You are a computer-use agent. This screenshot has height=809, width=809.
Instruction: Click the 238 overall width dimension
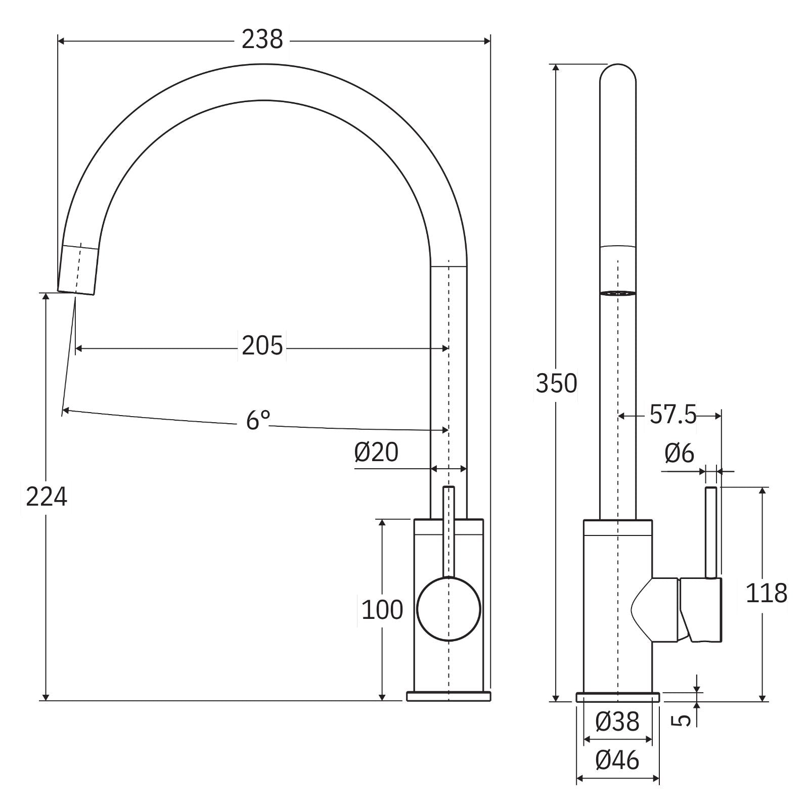click(x=262, y=39)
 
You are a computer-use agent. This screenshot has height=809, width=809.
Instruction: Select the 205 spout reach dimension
click(x=262, y=347)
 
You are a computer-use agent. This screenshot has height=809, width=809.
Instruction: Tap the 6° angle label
click(x=258, y=420)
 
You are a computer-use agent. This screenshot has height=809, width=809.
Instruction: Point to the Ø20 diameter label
click(x=376, y=452)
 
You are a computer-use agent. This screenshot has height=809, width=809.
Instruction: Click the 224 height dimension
click(x=46, y=497)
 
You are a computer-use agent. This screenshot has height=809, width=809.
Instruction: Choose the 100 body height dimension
click(x=382, y=610)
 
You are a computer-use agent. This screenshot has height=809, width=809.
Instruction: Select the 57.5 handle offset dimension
click(x=672, y=415)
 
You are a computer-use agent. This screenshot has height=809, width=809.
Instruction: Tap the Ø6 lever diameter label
click(x=680, y=454)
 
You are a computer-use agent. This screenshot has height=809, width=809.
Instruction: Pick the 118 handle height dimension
click(x=767, y=594)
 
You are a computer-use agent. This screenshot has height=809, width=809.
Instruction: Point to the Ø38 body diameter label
click(x=617, y=722)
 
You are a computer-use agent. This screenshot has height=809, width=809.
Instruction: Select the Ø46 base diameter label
click(x=617, y=760)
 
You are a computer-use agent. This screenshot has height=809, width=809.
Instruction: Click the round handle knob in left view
click(x=448, y=610)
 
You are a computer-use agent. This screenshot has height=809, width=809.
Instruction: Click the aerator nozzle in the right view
click(x=617, y=293)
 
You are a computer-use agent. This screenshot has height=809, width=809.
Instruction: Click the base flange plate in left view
click(x=448, y=696)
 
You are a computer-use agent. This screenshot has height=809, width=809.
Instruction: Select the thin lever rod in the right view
click(x=711, y=531)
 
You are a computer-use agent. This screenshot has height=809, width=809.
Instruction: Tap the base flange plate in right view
click(x=617, y=697)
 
